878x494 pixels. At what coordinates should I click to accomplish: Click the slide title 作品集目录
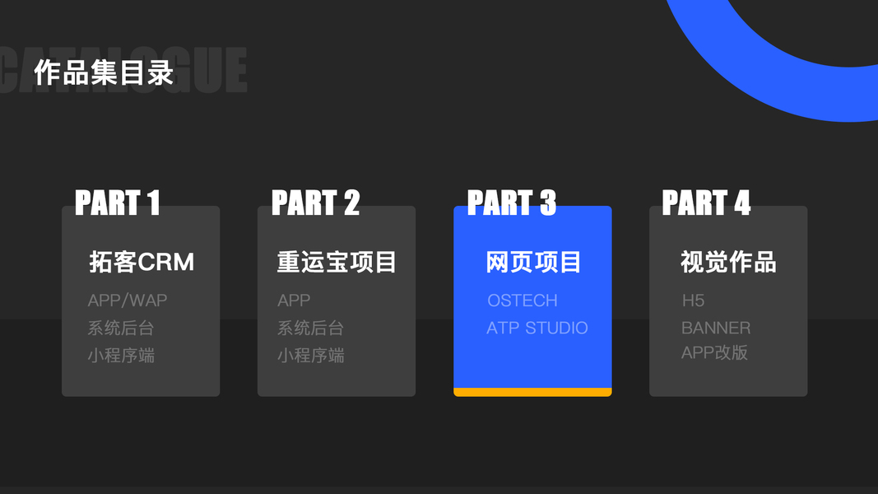pos(104,72)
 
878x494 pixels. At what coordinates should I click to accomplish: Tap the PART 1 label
pos(117,203)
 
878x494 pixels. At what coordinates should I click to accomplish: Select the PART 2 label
pos(315,203)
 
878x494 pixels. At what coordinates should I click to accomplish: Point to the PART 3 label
pos(511,203)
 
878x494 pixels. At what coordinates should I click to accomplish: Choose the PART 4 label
pos(706,203)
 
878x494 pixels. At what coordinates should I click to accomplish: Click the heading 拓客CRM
pos(142,262)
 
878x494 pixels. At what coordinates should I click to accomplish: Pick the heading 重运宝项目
pos(337,262)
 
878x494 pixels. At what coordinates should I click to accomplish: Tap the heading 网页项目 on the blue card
pos(533,262)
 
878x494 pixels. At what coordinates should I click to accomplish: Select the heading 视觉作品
pos(728,262)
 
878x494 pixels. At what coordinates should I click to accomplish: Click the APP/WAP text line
pos(128,301)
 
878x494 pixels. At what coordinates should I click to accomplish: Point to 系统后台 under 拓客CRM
pos(121,328)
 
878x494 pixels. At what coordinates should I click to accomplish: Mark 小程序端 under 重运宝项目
pos(310,356)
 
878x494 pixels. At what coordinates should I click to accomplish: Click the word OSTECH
pos(522,301)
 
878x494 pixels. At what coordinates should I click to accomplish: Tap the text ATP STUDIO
pos(537,328)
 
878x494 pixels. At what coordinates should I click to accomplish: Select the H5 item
pos(693,301)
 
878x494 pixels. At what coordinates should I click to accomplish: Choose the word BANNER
pos(716,328)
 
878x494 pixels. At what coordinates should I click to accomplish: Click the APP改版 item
pos(714,352)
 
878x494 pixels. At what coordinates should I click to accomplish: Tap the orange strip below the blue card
pos(532,392)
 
